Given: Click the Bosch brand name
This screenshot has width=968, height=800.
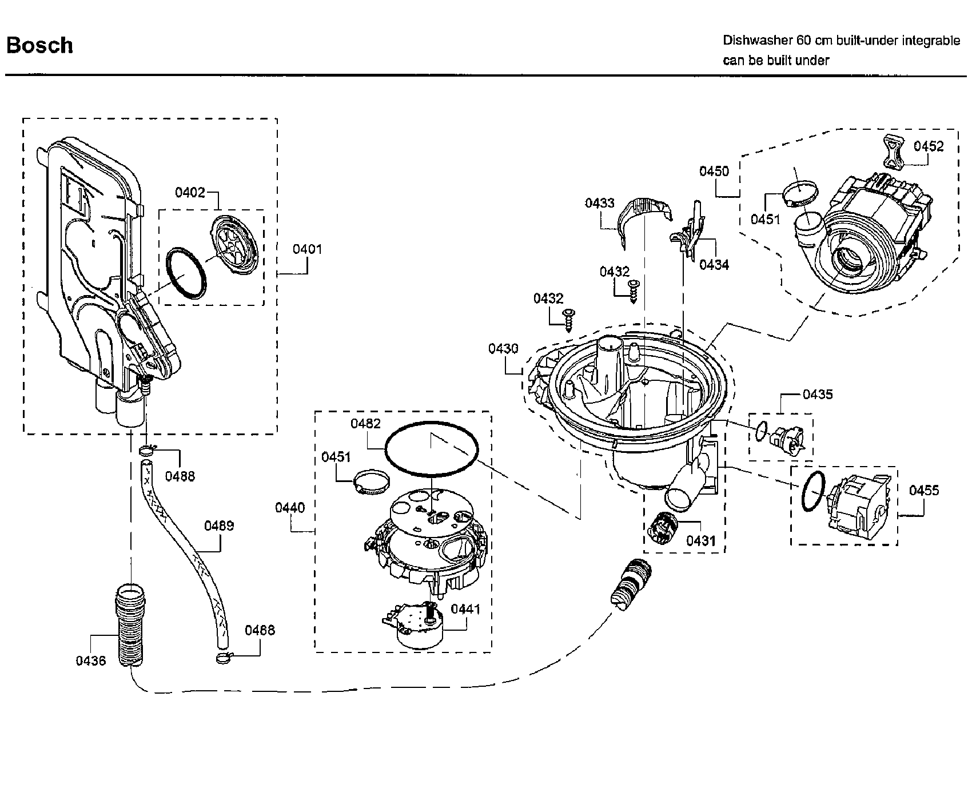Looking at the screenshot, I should pos(39,45).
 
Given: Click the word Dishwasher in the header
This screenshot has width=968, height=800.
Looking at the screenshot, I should pos(758,41).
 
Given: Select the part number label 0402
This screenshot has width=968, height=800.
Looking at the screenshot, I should pos(190,192).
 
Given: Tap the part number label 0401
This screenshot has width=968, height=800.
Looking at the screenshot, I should pos(308,249).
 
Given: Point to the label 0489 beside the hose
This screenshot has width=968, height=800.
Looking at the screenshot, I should pos(219,526).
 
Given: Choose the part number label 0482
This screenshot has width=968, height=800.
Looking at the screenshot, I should pos(365,424).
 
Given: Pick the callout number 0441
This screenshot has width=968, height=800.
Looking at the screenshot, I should pos(465,609).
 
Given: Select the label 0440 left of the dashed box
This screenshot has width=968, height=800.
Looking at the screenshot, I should pos(290,508).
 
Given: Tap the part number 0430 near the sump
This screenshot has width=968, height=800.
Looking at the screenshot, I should pos(503,348).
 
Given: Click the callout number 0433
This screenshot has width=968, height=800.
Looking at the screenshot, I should pos(599,203).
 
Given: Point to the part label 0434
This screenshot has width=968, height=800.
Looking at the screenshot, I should pos(714,265).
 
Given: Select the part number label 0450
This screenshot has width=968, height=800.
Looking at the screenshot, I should pos(714,171).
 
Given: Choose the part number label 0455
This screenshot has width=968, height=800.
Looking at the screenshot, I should pos(924,490).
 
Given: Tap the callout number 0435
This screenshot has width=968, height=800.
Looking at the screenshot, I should pos(818,395).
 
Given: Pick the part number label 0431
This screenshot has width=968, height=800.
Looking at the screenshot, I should pos(701,540).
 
